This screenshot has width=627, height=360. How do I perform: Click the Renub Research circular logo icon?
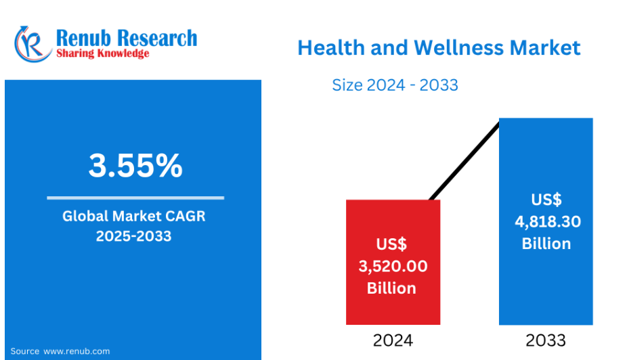[x=33, y=45]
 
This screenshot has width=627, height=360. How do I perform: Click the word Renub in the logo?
[x=83, y=39]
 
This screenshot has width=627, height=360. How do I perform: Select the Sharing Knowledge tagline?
[x=103, y=53]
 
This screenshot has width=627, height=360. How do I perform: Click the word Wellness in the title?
[x=458, y=47]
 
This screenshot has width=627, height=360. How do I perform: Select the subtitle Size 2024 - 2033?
[x=395, y=85]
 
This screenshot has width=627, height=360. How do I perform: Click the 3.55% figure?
[x=135, y=165]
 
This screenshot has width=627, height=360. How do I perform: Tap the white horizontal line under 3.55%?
[x=135, y=198]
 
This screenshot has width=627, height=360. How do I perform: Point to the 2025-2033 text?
[x=133, y=236]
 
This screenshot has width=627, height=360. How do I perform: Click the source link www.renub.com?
[x=77, y=351]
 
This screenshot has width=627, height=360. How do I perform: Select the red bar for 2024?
[x=393, y=262]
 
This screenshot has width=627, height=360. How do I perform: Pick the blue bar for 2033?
[x=546, y=221]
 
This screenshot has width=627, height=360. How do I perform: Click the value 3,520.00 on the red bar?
[x=393, y=266]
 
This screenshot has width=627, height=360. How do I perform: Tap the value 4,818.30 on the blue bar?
[x=548, y=221]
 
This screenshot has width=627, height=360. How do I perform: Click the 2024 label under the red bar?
[x=393, y=340]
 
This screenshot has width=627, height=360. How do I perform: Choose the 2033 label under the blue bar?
[x=546, y=340]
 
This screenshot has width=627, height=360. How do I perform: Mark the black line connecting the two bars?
[x=464, y=160]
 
